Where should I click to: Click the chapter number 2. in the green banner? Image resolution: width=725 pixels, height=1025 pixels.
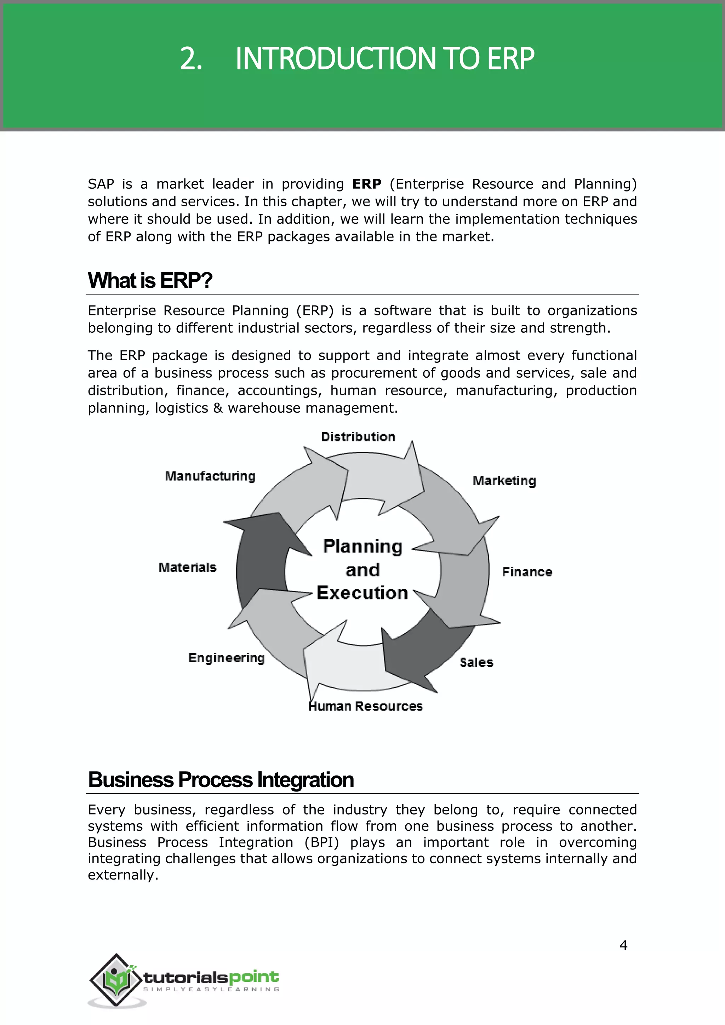click(191, 58)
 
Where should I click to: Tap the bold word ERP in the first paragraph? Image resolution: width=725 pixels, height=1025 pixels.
click(366, 184)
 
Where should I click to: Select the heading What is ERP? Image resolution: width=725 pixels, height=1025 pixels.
click(150, 281)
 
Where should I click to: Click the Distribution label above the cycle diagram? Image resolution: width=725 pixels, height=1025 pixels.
click(358, 437)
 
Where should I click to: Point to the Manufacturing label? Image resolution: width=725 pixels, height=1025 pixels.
click(210, 476)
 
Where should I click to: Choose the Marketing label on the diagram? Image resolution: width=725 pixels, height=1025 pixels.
click(504, 481)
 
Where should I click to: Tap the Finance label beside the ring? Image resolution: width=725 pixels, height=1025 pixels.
click(527, 572)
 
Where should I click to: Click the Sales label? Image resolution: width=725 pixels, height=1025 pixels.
click(476, 662)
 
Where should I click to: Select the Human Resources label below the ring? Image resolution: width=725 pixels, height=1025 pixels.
click(366, 706)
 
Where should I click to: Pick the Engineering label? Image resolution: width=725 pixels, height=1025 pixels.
click(226, 658)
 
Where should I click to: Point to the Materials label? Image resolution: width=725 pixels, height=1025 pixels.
click(188, 567)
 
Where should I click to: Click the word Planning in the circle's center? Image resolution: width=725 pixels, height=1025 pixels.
click(362, 546)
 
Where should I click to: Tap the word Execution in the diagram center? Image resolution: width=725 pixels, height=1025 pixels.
click(362, 593)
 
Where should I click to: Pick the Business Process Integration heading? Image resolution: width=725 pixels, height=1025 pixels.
click(221, 780)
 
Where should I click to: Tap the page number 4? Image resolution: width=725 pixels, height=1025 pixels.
click(623, 945)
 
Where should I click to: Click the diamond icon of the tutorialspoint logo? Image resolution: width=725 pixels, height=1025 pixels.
click(116, 980)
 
